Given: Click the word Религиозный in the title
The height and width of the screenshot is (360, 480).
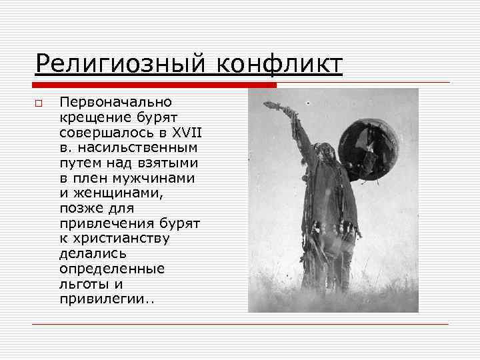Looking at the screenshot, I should click(116, 65).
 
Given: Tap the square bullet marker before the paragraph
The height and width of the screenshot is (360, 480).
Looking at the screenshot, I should click(39, 103).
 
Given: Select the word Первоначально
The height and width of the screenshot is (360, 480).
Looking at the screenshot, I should click(115, 103).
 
